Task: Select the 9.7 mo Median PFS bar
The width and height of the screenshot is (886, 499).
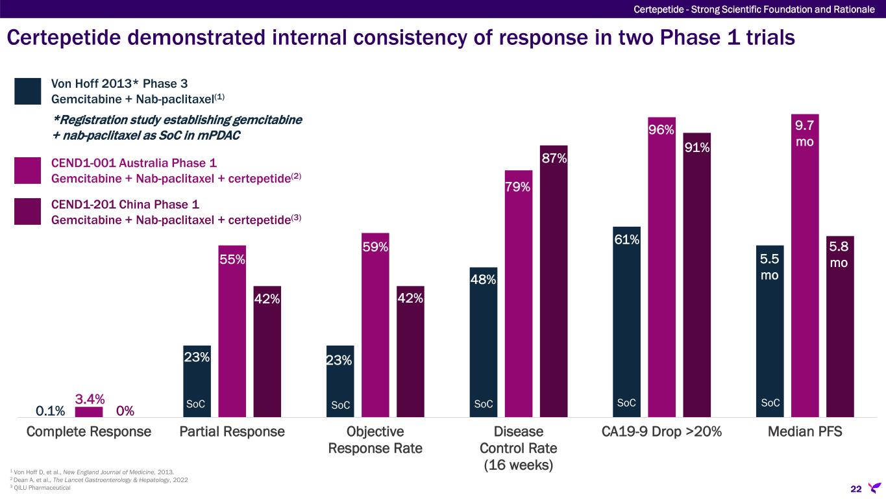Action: pyautogui.click(x=805, y=273)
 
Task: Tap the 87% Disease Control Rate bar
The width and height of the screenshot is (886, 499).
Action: pyautogui.click(x=554, y=286)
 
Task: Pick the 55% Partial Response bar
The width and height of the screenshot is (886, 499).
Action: pyautogui.click(x=232, y=338)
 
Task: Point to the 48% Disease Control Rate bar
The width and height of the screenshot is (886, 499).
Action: pyautogui.click(x=484, y=344)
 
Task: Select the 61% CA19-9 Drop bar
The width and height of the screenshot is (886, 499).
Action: pyautogui.click(x=627, y=325)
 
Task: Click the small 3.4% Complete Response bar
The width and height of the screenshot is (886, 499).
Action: pyautogui.click(x=89, y=412)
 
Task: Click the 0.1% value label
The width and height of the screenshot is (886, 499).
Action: pyautogui.click(x=50, y=411)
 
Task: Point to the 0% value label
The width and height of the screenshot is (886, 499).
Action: pyautogui.click(x=125, y=411)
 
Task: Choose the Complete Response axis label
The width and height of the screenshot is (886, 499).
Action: pyautogui.click(x=88, y=431)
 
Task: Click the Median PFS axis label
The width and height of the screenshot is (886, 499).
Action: pyautogui.click(x=805, y=431)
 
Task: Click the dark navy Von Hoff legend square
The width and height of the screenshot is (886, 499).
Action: pyautogui.click(x=27, y=91)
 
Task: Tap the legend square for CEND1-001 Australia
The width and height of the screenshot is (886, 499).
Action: pyautogui.click(x=27, y=170)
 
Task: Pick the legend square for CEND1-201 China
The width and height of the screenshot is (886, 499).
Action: pyautogui.click(x=27, y=211)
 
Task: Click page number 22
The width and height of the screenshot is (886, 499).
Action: pyautogui.click(x=855, y=488)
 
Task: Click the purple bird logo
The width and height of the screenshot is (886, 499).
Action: pyautogui.click(x=874, y=487)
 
